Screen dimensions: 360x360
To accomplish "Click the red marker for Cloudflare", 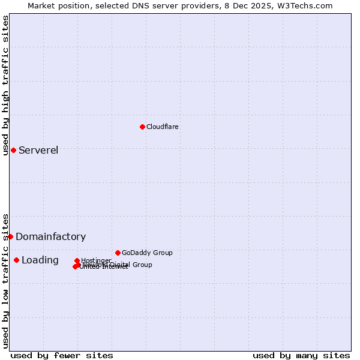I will click(142, 127).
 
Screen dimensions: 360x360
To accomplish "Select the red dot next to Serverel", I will click(13, 150).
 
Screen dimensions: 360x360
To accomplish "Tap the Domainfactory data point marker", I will click(10, 236).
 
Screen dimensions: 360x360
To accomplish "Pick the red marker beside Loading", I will click(16, 260).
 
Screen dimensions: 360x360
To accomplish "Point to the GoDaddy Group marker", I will click(118, 253).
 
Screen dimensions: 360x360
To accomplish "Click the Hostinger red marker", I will click(77, 260).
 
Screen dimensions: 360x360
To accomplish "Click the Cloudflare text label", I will click(163, 127).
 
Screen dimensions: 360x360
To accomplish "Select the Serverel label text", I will click(38, 150).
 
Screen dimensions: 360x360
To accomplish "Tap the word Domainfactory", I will click(50, 236).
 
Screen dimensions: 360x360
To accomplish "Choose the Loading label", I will click(40, 260).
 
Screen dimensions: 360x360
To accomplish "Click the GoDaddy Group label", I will click(147, 253).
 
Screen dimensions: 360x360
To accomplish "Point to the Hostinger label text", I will click(96, 260).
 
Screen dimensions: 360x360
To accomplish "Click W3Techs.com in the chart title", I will click(308, 5).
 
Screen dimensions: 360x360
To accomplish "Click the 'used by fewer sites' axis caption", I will click(62, 355).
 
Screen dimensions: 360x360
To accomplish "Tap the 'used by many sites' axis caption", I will click(301, 355).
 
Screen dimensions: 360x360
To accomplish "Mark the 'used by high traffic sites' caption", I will click(5, 85).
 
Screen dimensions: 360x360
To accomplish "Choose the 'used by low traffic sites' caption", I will click(5, 281).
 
